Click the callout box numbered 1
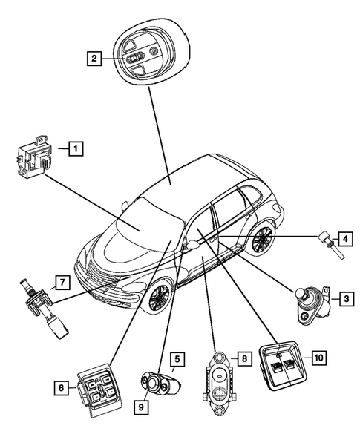point(75,148)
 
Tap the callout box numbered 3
point(345,299)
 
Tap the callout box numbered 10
point(318,358)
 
